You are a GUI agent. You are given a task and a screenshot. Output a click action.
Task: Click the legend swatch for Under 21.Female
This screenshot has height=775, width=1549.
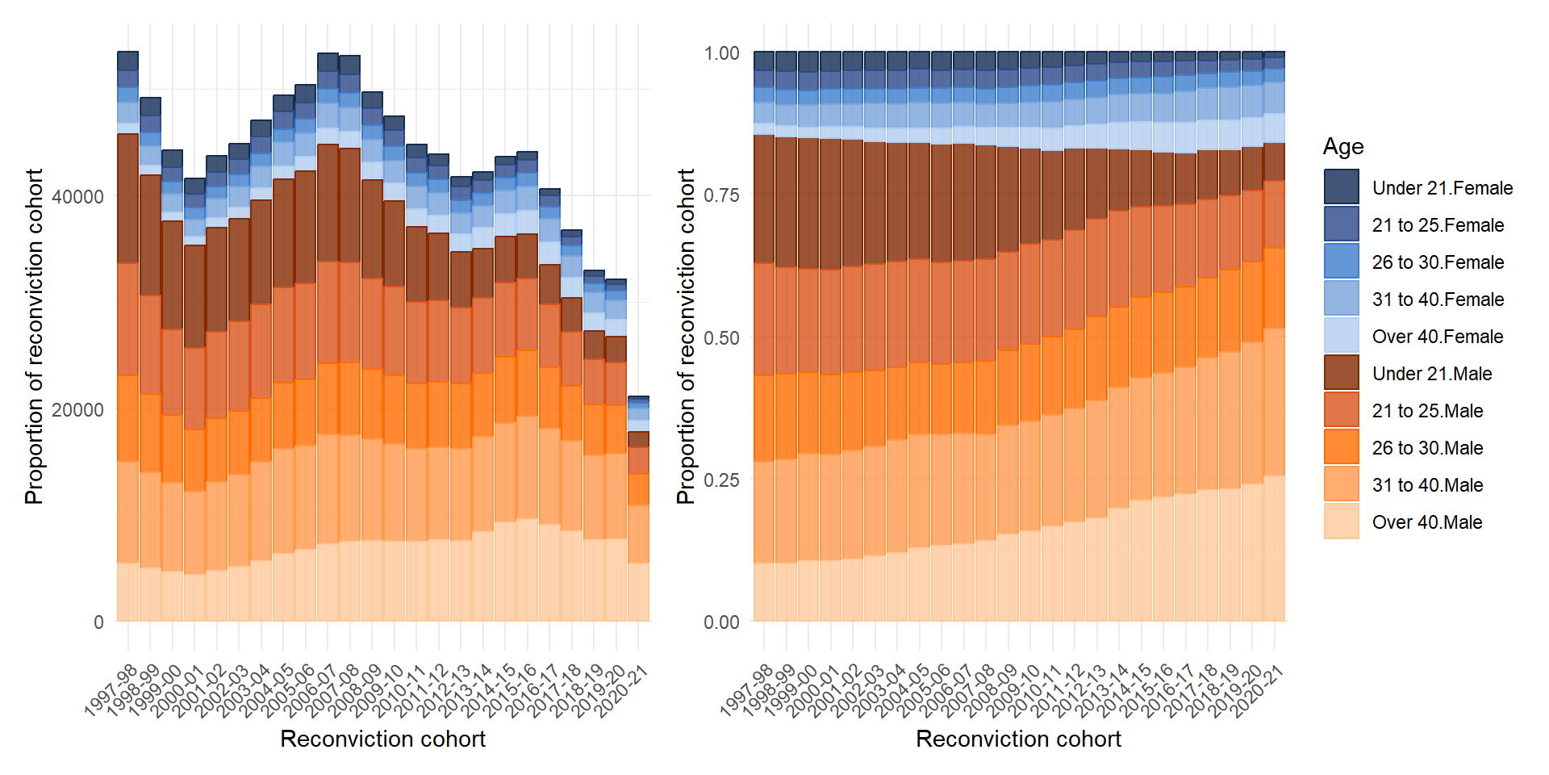(x=1341, y=187)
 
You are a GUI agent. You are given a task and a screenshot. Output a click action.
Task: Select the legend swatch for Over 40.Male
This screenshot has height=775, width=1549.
(x=1341, y=522)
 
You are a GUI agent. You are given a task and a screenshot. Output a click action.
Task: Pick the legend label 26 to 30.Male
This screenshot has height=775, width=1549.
(x=1427, y=448)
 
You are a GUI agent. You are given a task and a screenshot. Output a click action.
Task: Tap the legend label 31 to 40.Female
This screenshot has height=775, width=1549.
(x=1438, y=300)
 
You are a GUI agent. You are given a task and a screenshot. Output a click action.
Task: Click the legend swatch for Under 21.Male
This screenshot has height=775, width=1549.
(x=1341, y=373)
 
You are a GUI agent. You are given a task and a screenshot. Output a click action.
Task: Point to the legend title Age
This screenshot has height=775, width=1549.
(x=1343, y=147)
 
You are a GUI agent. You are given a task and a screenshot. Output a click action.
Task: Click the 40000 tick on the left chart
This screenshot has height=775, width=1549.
(x=77, y=196)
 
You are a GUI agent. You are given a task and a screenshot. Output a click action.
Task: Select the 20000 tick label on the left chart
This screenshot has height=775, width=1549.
(x=77, y=409)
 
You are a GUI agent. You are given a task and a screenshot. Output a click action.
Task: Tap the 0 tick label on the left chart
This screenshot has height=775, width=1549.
(x=98, y=622)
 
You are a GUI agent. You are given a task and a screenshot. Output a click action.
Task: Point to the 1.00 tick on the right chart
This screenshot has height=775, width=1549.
(x=721, y=53)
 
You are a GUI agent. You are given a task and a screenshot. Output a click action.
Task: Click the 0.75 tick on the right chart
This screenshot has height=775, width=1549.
(x=721, y=195)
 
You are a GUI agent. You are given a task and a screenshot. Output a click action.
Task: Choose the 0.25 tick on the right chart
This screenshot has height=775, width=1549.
(x=721, y=480)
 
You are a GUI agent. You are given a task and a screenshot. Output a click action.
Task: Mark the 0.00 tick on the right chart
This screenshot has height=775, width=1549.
(x=721, y=622)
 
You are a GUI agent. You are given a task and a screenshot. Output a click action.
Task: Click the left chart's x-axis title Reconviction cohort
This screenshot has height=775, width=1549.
(x=382, y=739)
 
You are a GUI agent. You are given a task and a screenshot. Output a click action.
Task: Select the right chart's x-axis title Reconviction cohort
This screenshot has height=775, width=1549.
(x=1018, y=739)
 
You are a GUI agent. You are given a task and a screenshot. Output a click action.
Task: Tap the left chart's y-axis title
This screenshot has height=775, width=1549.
(x=34, y=337)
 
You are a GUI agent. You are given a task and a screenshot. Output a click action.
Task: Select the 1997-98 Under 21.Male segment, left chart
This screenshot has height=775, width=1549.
(x=128, y=198)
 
